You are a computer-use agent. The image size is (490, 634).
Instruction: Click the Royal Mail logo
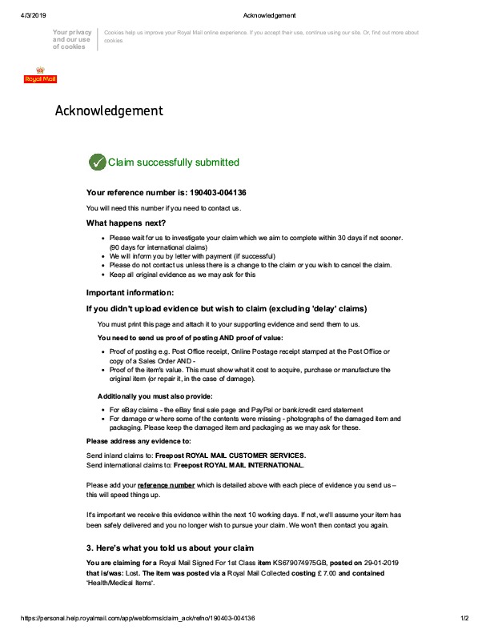[x=40, y=74]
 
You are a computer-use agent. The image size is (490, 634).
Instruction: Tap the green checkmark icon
[x=96, y=162]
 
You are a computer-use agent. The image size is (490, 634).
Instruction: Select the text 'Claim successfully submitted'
[x=173, y=163]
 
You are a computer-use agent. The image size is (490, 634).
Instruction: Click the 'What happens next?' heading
[x=126, y=223]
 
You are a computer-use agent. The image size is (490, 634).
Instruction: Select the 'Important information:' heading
[x=130, y=292]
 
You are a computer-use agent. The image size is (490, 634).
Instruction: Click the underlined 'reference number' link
[x=166, y=485]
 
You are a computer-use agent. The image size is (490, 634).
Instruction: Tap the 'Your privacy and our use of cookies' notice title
[x=71, y=39]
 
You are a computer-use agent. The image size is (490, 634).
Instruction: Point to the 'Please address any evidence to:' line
[x=139, y=441]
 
